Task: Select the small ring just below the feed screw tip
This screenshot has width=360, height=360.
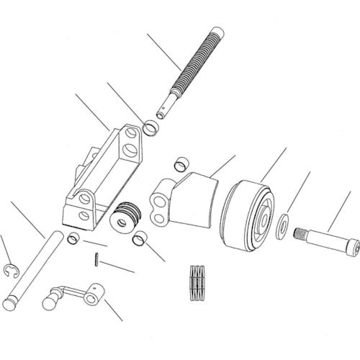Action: (x=152, y=130)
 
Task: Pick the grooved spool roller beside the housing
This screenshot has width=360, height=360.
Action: (x=127, y=216)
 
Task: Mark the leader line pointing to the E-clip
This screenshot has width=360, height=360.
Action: (x=6, y=248)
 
